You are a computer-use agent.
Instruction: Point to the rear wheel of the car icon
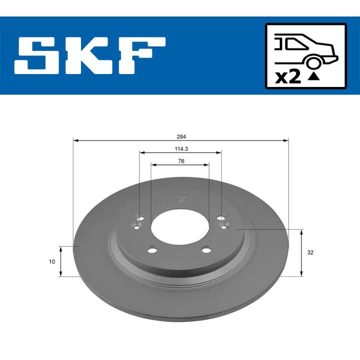point(313,62)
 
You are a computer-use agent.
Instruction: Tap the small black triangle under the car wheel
point(313,77)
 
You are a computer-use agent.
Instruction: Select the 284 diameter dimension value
point(180,136)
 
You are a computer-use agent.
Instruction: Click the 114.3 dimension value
point(180,148)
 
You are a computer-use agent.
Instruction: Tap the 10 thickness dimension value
point(52,261)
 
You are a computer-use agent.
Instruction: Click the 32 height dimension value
point(310,252)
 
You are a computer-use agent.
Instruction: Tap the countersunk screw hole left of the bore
point(137,226)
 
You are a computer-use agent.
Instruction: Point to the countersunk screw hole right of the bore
point(223,226)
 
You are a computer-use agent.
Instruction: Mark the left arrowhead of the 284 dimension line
point(75,140)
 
